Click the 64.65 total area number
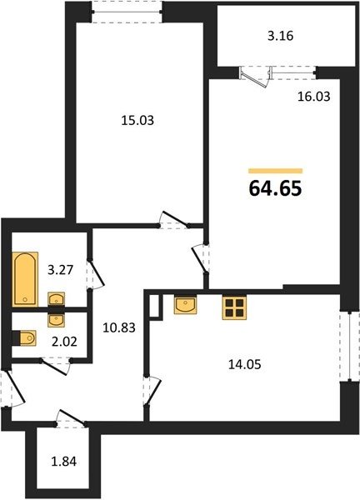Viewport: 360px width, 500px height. point(275,188)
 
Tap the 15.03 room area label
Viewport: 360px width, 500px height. point(137,121)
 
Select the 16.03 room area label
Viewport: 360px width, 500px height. point(314,96)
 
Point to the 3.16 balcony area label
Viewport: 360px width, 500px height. point(280,36)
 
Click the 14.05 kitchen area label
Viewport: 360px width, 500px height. point(244,364)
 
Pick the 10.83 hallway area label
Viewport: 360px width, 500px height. point(119,327)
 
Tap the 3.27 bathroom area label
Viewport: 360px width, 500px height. point(61,270)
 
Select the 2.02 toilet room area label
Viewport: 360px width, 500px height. point(64,342)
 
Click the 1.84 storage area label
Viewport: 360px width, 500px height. point(64,462)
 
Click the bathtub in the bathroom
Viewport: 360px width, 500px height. point(25,279)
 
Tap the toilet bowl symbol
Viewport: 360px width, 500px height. point(27,338)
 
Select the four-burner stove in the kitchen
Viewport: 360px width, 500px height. point(234,308)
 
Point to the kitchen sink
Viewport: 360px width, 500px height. point(185,305)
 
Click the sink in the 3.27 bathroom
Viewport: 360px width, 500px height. point(57,300)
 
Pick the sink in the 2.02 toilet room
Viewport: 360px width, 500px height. point(57,319)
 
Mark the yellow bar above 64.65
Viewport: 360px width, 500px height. point(276,171)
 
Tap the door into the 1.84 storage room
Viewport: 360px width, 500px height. point(72,418)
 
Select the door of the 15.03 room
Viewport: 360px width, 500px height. point(174,220)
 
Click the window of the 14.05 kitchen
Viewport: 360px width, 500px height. point(349,346)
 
